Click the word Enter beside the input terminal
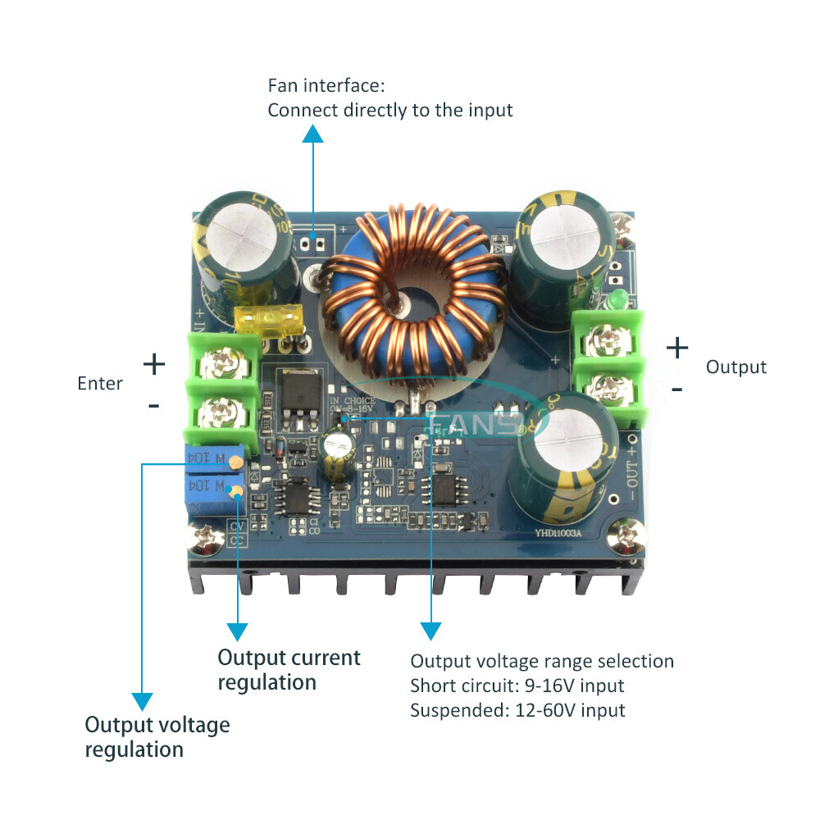tap(100, 383)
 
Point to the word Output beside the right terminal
tap(736, 367)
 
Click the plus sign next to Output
tap(677, 348)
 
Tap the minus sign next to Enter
tap(153, 405)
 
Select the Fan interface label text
tap(389, 98)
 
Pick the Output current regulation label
tap(289, 669)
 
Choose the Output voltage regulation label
tap(157, 736)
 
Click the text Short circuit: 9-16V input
tap(517, 686)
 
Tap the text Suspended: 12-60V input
tap(517, 710)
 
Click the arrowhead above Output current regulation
tap(237, 631)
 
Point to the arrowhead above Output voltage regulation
tap(143, 701)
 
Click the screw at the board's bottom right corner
tap(629, 537)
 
